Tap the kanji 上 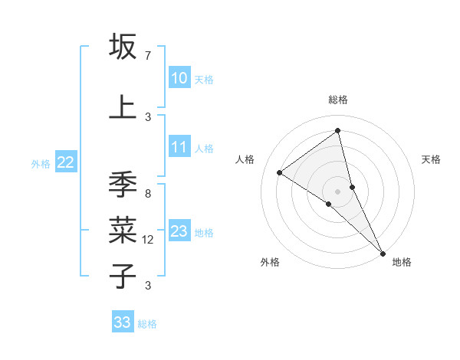coord(123,106)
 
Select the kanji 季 coord(123,185)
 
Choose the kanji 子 coord(123,275)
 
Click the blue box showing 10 coord(179,79)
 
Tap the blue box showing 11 coord(179,148)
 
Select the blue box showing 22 coord(66,162)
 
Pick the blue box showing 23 coord(179,231)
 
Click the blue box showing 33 coord(123,322)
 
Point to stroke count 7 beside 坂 coord(147,55)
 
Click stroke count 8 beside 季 coord(147,194)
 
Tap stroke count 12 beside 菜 coord(149,240)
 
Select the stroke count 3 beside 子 coord(147,286)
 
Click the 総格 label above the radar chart coord(337,100)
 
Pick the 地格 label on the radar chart coord(402,262)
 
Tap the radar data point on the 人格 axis coord(280,172)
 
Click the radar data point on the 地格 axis coord(383,252)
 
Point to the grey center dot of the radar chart coord(337,190)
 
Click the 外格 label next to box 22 coord(41,163)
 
